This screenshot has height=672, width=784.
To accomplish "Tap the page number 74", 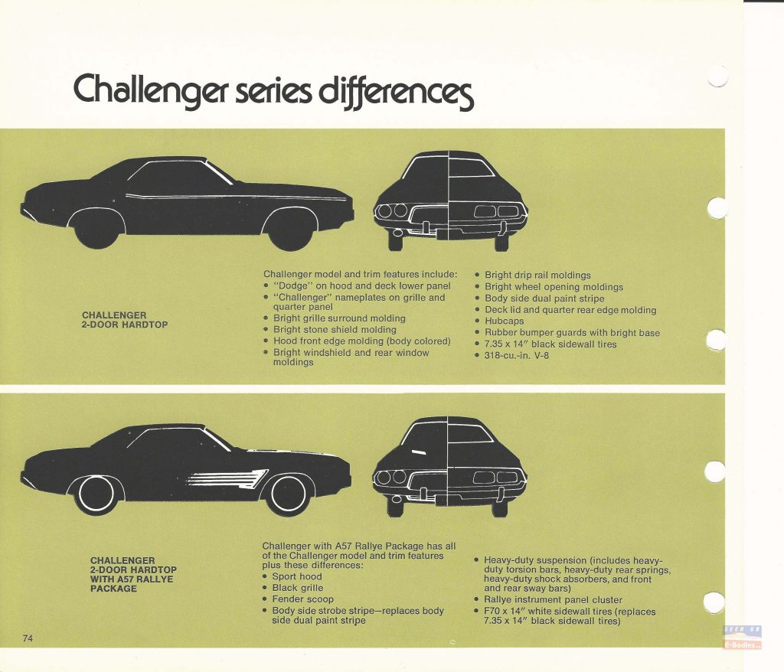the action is tap(28, 638).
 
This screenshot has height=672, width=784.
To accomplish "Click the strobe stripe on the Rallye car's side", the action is tap(227, 478).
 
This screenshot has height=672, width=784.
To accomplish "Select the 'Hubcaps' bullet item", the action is tap(504, 321).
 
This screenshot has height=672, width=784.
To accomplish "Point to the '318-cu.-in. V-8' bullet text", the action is tap(516, 355).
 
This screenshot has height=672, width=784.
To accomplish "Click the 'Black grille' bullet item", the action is tap(297, 588).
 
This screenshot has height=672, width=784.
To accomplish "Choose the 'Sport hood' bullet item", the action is tap(296, 576).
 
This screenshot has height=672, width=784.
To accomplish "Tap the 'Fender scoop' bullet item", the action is tap(302, 599).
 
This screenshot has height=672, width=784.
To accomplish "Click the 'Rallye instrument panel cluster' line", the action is tap(553, 599).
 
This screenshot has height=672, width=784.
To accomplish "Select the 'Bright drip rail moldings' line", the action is tap(537, 275).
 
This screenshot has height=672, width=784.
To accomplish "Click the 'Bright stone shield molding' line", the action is tap(335, 330).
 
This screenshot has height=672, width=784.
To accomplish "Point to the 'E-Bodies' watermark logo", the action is tap(742, 638).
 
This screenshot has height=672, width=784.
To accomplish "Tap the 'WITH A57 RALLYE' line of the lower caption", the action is tap(132, 579).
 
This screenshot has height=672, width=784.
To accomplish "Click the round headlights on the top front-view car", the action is tap(393, 211).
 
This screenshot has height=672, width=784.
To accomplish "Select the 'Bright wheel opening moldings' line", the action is tap(554, 287).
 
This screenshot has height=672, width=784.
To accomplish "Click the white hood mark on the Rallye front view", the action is tap(419, 452).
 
